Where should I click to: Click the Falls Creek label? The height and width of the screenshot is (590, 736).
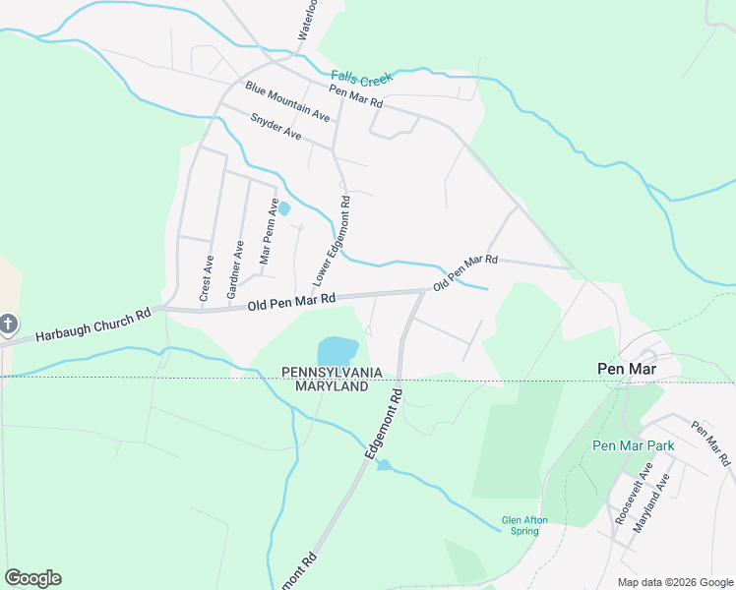(361, 77)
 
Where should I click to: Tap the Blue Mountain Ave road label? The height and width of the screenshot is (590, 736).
(287, 101)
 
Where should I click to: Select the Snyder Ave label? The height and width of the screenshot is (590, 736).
(276, 126)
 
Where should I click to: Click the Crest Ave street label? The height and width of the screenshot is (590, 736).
(207, 278)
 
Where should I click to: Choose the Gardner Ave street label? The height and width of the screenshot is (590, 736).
(234, 269)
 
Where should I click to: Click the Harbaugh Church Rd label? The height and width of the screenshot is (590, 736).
(92, 325)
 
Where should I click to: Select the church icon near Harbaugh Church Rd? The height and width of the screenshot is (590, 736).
(7, 324)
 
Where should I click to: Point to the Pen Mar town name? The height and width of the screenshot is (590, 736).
(626, 368)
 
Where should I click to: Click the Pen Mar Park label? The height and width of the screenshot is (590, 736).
(633, 445)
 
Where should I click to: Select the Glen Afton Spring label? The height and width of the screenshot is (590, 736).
(523, 525)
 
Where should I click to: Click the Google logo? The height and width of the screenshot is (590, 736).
(32, 578)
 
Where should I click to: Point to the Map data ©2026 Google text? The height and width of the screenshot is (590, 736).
(675, 582)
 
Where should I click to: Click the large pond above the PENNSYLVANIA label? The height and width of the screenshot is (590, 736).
(337, 350)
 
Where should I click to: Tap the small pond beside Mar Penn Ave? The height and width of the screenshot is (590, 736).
(284, 208)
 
